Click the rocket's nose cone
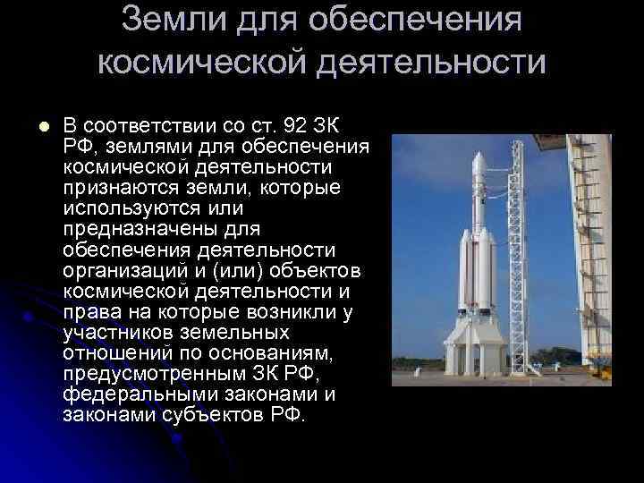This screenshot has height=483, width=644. [x=477, y=161]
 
